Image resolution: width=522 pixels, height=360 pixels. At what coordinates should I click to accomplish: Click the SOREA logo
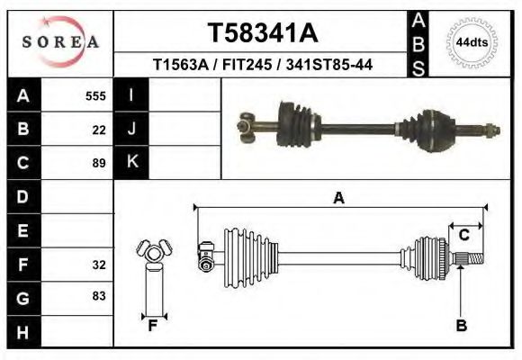click(x=60, y=41)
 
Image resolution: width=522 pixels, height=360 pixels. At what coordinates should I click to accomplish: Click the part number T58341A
click(x=262, y=33)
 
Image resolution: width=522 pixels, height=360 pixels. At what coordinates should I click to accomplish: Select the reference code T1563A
click(x=179, y=65)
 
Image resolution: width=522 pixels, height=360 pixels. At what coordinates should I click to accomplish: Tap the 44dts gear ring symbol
click(x=472, y=42)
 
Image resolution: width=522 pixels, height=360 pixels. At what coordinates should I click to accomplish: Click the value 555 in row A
click(x=95, y=95)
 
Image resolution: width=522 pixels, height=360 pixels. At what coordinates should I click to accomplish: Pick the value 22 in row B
click(x=99, y=130)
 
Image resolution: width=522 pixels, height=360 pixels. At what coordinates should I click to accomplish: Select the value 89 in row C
click(x=99, y=164)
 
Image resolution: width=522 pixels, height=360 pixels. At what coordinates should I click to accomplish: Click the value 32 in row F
click(x=99, y=265)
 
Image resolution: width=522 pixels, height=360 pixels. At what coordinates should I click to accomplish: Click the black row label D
click(x=22, y=196)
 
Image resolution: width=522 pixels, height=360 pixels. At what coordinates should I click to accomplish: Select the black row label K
click(x=131, y=163)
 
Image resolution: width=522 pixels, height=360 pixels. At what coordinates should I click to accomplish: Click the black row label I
click(x=131, y=95)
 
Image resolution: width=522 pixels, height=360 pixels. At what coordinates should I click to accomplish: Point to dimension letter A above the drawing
click(x=338, y=198)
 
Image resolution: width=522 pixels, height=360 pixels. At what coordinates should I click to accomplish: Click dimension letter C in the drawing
click(x=464, y=235)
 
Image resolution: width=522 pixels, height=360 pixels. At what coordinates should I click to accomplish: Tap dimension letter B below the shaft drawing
click(x=461, y=326)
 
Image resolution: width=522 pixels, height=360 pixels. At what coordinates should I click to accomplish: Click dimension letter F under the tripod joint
click(x=153, y=326)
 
